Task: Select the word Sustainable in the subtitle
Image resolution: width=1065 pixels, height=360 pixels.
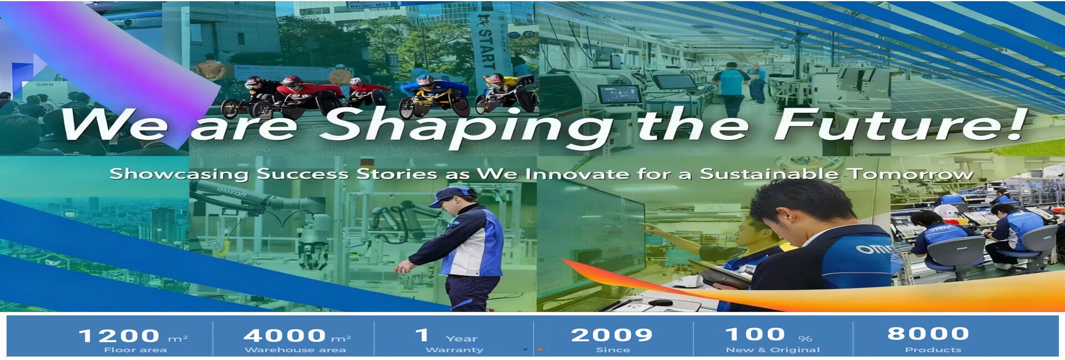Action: (x=769, y=174)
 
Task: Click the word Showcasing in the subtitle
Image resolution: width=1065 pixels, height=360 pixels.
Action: (x=179, y=174)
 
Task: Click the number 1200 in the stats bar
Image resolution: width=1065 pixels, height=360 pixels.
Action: (x=119, y=336)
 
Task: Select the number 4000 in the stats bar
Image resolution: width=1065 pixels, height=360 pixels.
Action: (x=285, y=335)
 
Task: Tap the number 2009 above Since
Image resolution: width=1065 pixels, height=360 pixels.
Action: (x=612, y=334)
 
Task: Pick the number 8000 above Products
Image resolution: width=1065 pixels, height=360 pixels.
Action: (x=929, y=333)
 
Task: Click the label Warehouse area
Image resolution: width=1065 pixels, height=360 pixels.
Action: (x=295, y=350)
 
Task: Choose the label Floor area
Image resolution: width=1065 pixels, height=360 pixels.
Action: (x=135, y=350)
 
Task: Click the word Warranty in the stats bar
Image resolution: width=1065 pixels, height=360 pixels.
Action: (x=454, y=350)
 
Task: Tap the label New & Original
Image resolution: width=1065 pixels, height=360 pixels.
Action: (x=773, y=350)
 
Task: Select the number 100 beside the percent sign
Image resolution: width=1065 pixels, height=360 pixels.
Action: (x=755, y=334)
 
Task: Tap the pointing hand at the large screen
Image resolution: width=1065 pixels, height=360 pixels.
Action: (x=652, y=228)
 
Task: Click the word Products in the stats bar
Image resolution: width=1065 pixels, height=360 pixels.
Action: (x=933, y=350)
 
